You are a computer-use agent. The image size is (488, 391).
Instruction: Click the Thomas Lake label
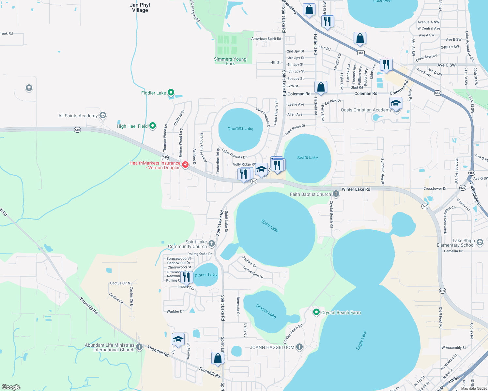coord(240,129)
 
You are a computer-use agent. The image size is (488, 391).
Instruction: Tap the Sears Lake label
coord(307,158)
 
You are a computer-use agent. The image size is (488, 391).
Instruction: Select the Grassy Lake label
coord(266,311)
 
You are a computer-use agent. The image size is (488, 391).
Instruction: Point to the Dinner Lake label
coord(206,275)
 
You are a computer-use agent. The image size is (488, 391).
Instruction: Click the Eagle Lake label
coord(361,340)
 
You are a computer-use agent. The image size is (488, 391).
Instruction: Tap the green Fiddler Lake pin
coord(171,93)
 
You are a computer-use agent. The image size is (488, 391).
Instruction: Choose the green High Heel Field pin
coord(153,126)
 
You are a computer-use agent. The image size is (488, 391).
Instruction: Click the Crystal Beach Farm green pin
coord(316,312)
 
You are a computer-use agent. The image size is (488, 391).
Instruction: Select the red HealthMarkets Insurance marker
coord(185,165)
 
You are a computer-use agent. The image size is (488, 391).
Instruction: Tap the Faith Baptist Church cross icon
coord(336,194)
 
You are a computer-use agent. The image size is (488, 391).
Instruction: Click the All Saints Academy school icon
coord(103,115)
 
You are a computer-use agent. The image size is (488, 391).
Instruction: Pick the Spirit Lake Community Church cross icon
coord(212,243)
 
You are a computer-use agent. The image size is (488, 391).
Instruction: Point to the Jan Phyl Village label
coord(140,7)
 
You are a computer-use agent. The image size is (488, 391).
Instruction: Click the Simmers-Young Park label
coord(230,61)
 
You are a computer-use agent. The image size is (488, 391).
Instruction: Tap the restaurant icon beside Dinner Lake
coord(187,277)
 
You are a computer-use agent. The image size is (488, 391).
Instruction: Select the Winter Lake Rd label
coord(356,189)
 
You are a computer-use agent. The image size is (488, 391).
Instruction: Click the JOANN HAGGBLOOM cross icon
coord(299,347)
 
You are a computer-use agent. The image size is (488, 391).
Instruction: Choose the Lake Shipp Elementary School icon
coord(480,242)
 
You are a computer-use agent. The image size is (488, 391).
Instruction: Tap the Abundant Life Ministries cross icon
coord(139,347)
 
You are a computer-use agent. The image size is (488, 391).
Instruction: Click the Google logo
coord(11,387)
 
